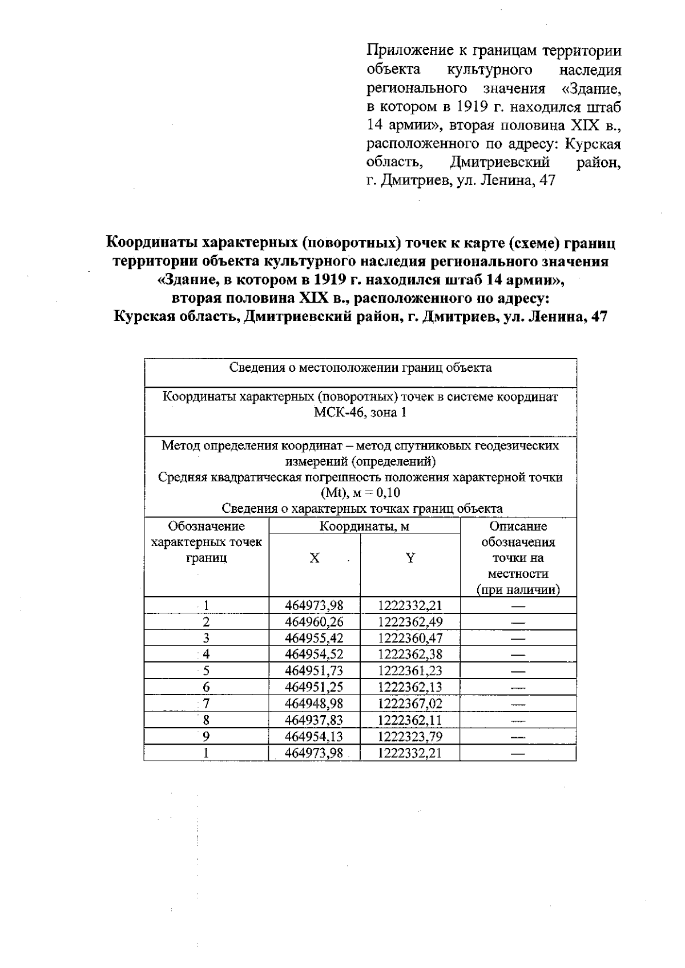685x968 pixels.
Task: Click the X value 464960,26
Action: click(314, 622)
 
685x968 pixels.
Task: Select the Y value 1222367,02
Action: click(410, 703)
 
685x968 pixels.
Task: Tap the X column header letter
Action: click(315, 558)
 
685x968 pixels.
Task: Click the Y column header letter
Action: click(410, 558)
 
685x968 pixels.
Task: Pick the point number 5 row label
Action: click(206, 670)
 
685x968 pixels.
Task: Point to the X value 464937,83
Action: click(314, 720)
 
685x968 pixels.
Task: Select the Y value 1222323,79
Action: click(410, 736)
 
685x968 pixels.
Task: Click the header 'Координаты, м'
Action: click(364, 526)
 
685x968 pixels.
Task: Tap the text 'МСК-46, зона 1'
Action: click(360, 412)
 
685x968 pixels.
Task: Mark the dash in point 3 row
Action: click(518, 638)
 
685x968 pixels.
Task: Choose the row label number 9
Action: click(206, 736)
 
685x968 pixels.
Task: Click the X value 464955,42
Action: click(314, 638)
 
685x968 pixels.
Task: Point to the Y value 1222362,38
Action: click(410, 654)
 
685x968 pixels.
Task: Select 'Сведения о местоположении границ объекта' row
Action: click(360, 368)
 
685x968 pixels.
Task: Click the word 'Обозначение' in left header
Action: click(206, 526)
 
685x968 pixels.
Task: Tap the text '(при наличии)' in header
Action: click(518, 589)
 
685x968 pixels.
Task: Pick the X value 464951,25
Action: click(314, 687)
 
